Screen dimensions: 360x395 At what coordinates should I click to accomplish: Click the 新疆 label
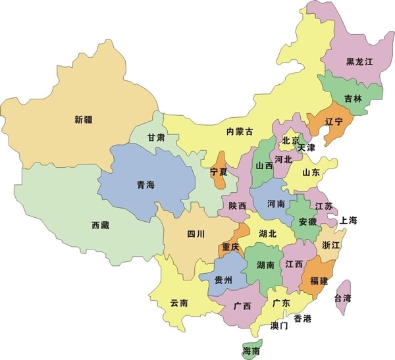click(83, 120)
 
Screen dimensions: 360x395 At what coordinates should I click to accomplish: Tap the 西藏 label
click(100, 225)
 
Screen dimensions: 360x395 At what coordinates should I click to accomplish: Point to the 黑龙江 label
click(359, 62)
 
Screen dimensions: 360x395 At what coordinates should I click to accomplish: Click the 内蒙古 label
click(239, 131)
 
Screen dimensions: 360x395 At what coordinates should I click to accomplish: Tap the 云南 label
click(179, 303)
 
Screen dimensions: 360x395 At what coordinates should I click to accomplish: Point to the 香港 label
click(302, 319)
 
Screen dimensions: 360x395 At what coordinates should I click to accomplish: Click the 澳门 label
click(278, 326)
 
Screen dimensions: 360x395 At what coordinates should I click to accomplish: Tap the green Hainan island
click(251, 349)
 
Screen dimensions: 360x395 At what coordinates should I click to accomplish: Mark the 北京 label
click(290, 140)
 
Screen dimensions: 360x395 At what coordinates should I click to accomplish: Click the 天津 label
click(306, 148)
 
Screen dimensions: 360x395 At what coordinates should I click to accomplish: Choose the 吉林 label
click(353, 99)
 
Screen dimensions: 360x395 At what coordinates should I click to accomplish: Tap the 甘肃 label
click(156, 138)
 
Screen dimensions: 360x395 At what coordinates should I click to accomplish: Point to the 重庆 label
click(230, 247)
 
